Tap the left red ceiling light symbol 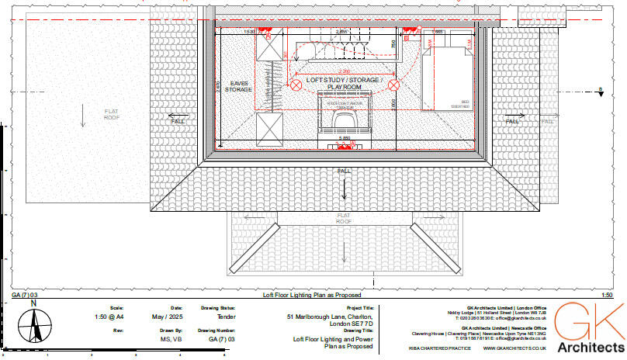point(296,85)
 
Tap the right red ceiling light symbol point(393,85)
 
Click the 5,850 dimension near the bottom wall point(344,138)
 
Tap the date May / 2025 point(171,317)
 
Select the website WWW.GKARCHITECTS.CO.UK point(515,348)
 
